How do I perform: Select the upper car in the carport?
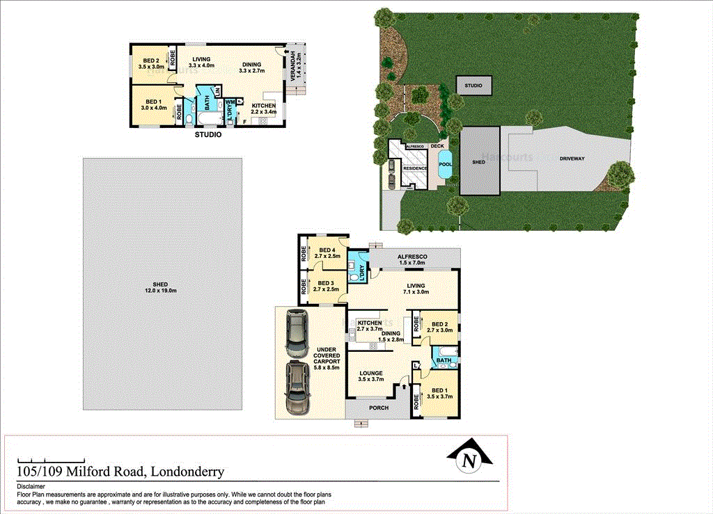297,333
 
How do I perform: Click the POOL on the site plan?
445,165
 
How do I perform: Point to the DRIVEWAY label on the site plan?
568,159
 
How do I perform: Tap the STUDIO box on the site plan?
473,86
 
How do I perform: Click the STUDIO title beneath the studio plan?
208,135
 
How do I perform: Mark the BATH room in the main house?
444,360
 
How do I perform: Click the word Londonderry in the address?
186,472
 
